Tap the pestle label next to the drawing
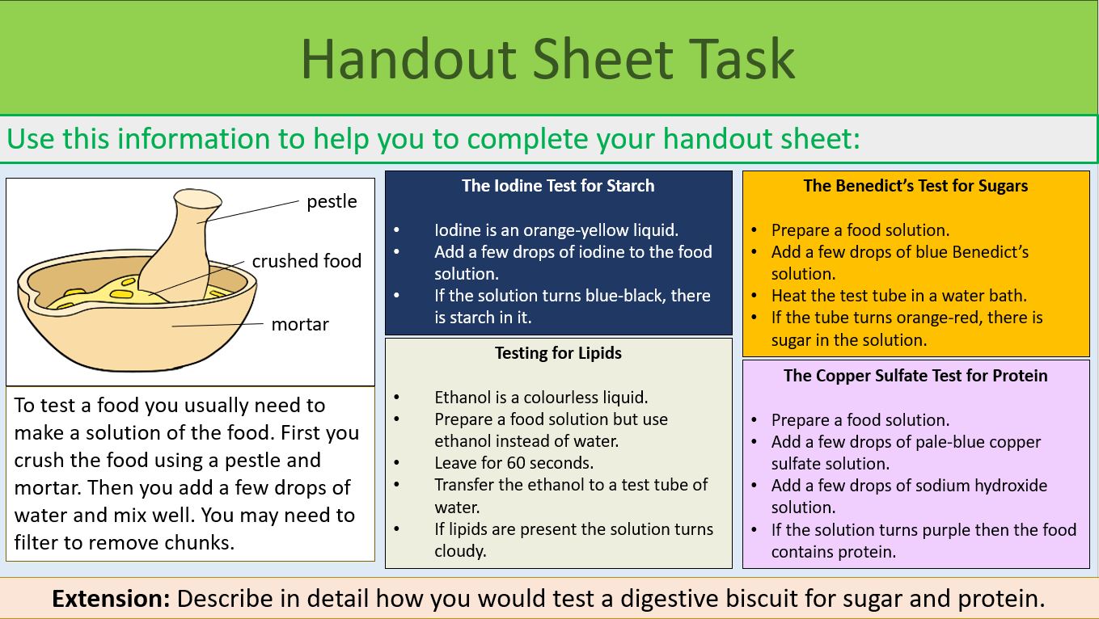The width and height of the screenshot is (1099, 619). (331, 201)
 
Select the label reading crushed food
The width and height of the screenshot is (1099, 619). (306, 261)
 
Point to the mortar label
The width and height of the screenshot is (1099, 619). (300, 324)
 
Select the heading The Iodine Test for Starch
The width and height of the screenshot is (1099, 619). (558, 186)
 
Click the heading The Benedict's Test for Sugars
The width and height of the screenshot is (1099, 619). (915, 186)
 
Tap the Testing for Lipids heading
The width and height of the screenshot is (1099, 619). (558, 352)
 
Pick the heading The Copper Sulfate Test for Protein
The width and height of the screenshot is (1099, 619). (915, 376)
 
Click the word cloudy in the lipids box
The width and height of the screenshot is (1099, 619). (460, 551)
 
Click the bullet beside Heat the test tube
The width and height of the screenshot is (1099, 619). (754, 296)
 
